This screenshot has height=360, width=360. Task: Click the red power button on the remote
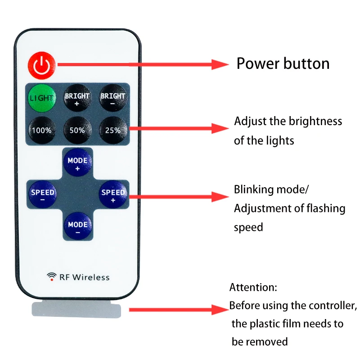(41, 66)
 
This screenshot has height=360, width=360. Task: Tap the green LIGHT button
(41, 98)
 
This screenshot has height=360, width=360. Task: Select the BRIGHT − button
(113, 98)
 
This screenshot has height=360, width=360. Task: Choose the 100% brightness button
(41, 130)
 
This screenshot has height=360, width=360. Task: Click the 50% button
(77, 130)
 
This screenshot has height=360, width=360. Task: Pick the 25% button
(113, 130)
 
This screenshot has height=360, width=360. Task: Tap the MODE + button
(77, 162)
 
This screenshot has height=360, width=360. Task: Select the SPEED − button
(42, 194)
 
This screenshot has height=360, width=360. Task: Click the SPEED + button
(113, 194)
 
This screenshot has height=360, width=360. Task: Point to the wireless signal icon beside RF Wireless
(52, 276)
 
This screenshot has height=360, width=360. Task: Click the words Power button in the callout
(283, 63)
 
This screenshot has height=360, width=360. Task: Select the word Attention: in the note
(253, 287)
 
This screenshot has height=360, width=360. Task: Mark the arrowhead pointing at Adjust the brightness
(221, 128)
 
